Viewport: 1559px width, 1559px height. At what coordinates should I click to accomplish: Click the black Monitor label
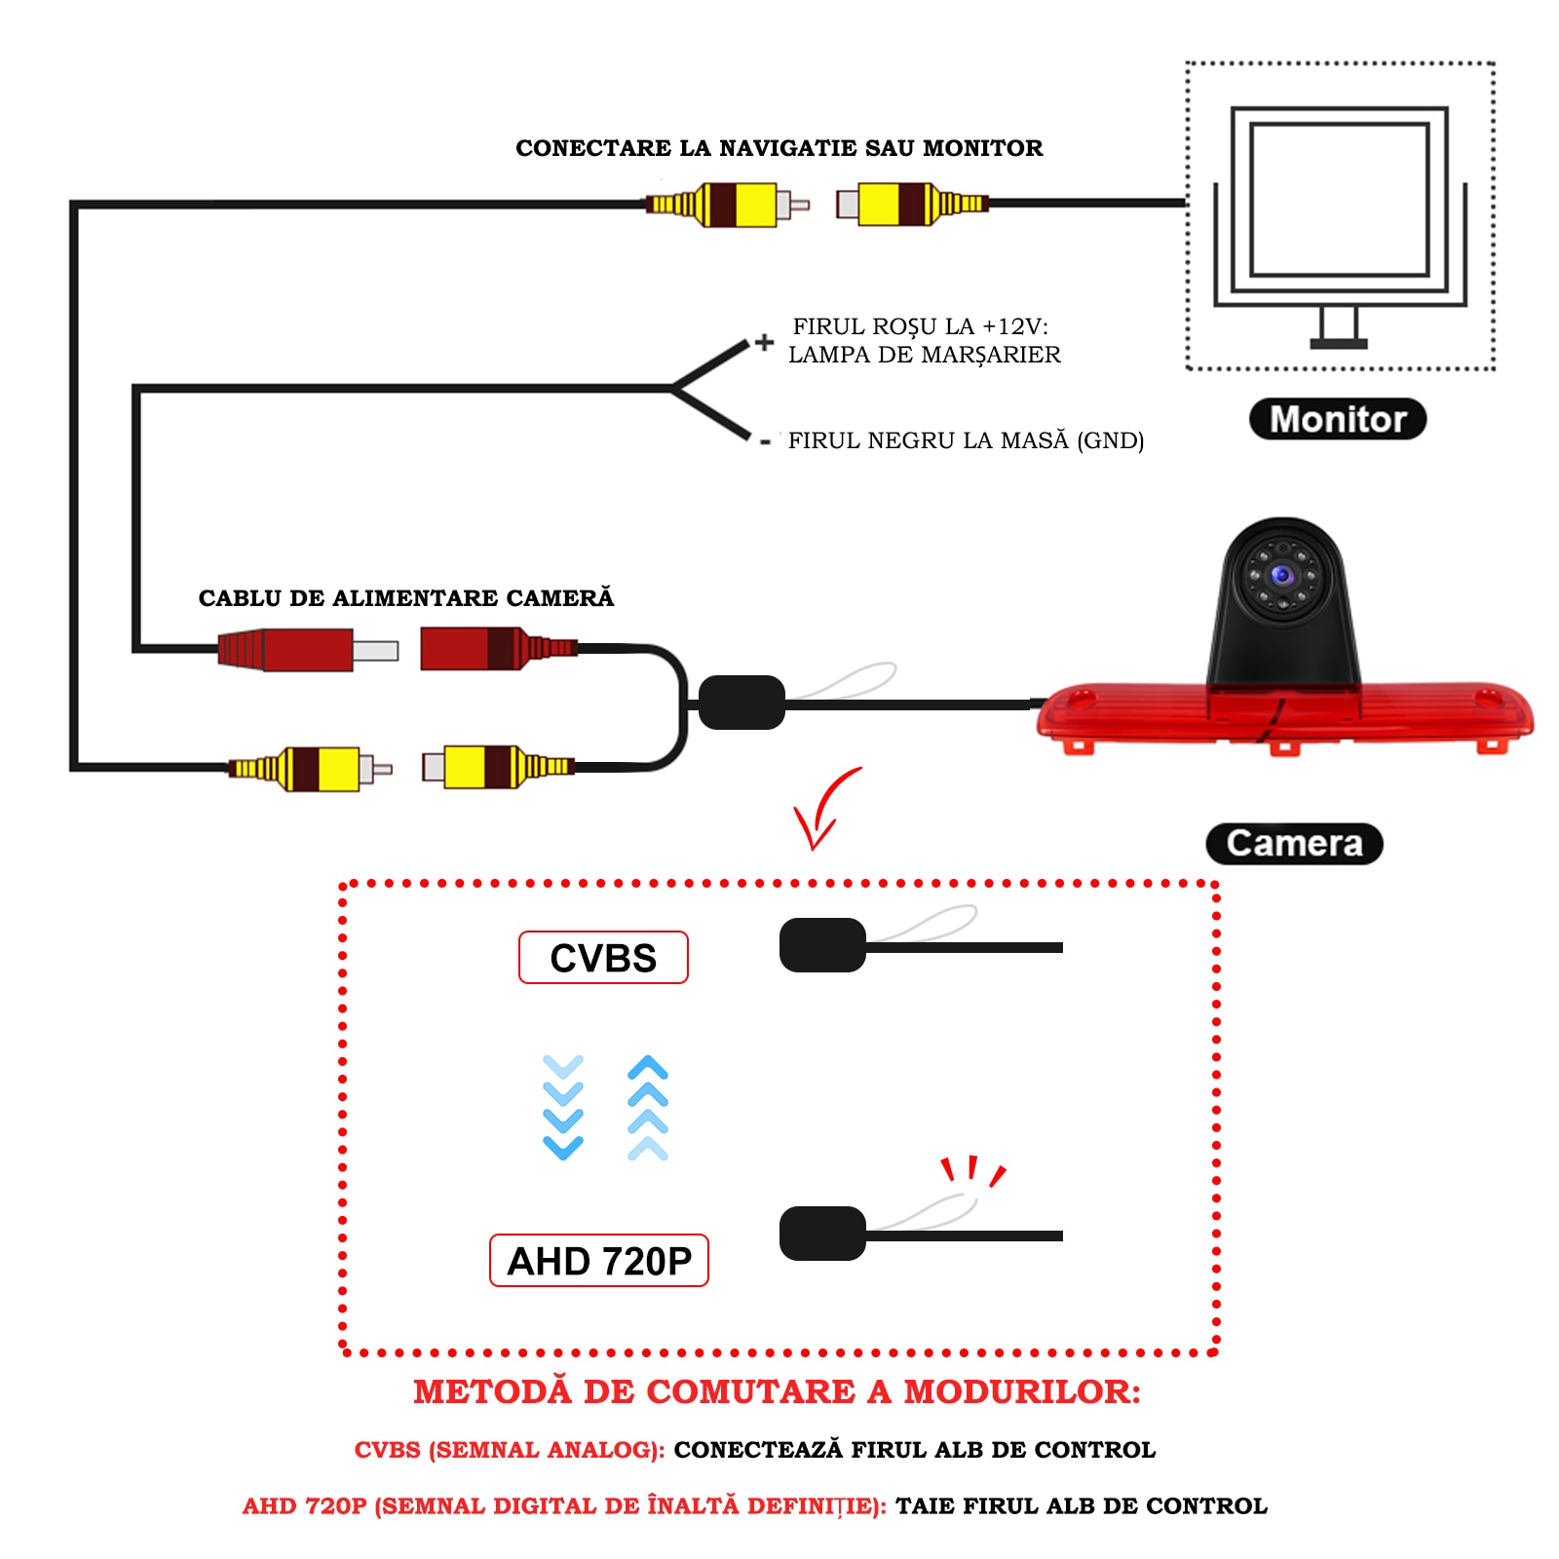click(1337, 419)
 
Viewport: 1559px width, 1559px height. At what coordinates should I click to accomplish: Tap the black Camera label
click(1294, 844)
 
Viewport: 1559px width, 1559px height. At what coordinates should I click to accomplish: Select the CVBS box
click(603, 958)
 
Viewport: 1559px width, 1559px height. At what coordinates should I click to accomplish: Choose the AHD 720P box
click(598, 1261)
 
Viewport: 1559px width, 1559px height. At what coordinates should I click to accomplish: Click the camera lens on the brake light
click(1282, 575)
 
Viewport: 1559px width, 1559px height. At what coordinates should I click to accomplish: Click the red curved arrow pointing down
click(822, 809)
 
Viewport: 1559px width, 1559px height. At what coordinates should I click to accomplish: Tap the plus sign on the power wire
click(765, 342)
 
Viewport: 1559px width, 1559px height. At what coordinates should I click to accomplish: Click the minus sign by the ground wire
click(766, 442)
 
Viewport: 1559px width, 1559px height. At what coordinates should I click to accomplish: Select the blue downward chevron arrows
click(563, 1107)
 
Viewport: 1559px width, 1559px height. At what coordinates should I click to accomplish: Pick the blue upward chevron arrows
click(648, 1107)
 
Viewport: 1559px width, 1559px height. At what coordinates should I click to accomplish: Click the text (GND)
click(1110, 440)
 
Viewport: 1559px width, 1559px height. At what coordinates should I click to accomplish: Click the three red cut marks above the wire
click(971, 1170)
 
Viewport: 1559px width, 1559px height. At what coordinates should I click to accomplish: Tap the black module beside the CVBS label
click(822, 945)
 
